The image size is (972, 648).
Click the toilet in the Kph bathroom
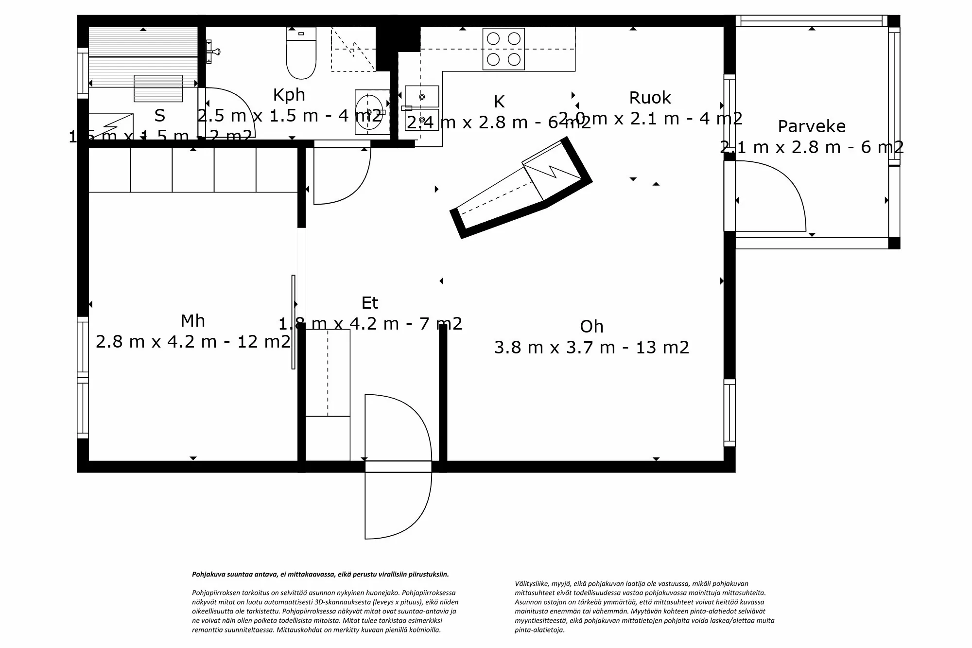point(301,56)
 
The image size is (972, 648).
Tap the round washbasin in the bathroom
point(369,112)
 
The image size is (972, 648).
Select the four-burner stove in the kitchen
point(503,49)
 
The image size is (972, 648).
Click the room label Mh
point(192,321)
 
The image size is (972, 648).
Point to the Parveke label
point(812,126)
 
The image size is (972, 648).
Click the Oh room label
point(591,327)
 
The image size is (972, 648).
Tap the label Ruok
point(650,98)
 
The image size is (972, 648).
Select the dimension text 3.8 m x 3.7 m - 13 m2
point(591,348)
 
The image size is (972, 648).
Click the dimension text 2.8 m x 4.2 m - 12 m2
point(192,342)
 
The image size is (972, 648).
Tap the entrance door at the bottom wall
point(398,467)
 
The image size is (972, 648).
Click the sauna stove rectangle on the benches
point(158,88)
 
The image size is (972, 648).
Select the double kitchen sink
point(422,108)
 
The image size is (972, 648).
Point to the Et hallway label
point(369,303)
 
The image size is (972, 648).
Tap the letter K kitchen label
point(499,102)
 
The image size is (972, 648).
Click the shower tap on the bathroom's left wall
point(212,52)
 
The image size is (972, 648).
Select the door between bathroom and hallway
point(342,173)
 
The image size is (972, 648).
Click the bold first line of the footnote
point(320,574)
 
